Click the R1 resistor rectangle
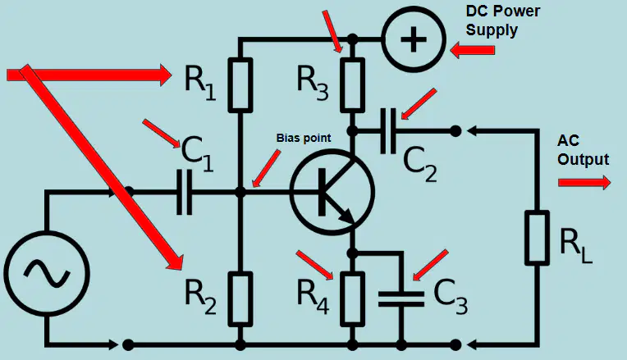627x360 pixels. [240, 84]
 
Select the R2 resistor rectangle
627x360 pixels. [240, 298]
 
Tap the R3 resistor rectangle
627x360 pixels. [352, 84]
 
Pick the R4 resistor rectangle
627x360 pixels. [352, 298]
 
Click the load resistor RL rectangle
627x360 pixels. [537, 237]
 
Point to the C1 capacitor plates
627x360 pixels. [184, 192]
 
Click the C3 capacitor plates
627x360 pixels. [401, 298]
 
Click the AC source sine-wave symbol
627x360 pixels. [47, 273]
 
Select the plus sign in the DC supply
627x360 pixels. [414, 39]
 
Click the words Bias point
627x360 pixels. [304, 138]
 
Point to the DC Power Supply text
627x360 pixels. [502, 21]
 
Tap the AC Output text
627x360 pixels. [583, 150]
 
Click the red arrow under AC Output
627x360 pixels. [584, 183]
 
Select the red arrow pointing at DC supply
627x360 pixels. [472, 51]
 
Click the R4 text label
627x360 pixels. [313, 297]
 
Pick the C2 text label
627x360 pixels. [420, 164]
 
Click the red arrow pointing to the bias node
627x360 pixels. [267, 169]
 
